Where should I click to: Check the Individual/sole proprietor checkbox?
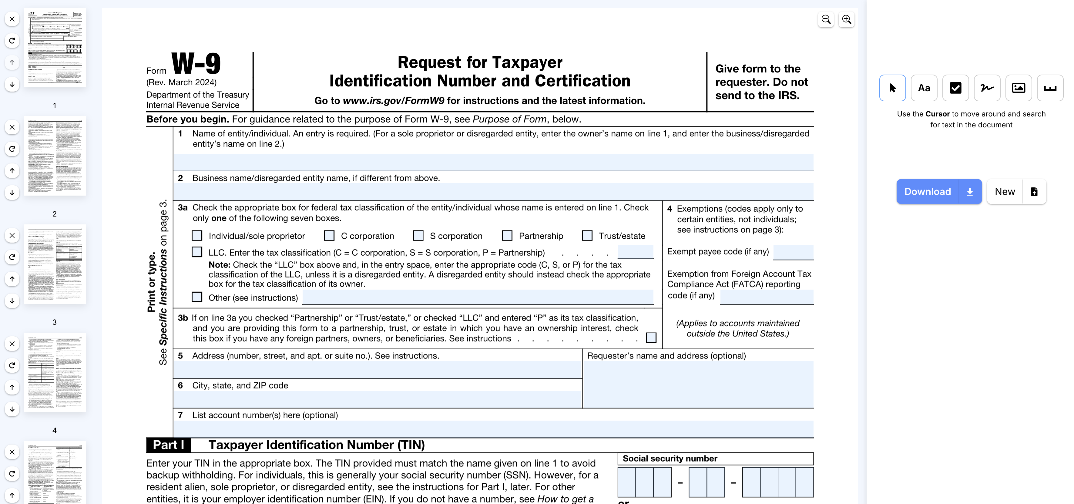[x=197, y=236]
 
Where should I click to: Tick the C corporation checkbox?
[x=329, y=236]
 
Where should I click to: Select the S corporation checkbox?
[x=418, y=236]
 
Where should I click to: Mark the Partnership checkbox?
[x=507, y=236]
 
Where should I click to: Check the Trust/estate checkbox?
[x=587, y=236]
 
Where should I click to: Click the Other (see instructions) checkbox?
[x=197, y=297]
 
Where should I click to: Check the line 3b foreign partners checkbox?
[x=651, y=337]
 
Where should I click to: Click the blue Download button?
[x=927, y=191]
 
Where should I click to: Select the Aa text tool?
[x=924, y=88]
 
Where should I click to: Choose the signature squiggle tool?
[x=987, y=88]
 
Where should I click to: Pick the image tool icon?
[x=1019, y=88]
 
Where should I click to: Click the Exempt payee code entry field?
[x=793, y=252]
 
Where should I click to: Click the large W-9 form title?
[x=196, y=63]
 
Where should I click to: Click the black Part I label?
[x=169, y=445]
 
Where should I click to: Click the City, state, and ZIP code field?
[x=377, y=399]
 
